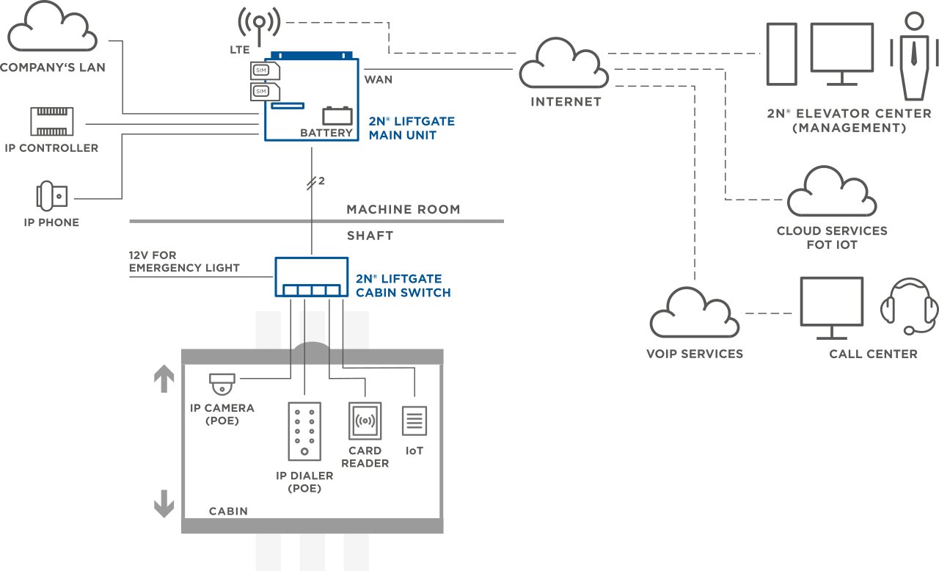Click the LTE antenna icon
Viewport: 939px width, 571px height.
pyautogui.click(x=259, y=26)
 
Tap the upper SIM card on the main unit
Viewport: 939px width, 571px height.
pyautogui.click(x=265, y=70)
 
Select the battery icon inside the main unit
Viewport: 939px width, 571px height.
pyautogui.click(x=337, y=116)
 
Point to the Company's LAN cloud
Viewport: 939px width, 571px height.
pyautogui.click(x=52, y=27)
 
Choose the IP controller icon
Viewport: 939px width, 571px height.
pyautogui.click(x=51, y=122)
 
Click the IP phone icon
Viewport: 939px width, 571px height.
pyautogui.click(x=51, y=196)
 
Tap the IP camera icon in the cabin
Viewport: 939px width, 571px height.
pyautogui.click(x=222, y=384)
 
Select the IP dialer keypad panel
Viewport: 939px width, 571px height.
pyautogui.click(x=304, y=432)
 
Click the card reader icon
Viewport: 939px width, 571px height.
pyautogui.click(x=365, y=421)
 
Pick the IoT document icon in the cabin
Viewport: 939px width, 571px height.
pyautogui.click(x=414, y=421)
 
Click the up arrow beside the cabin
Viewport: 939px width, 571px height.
pyautogui.click(x=164, y=378)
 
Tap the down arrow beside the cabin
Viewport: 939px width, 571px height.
pyautogui.click(x=164, y=503)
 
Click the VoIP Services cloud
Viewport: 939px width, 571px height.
pyautogui.click(x=694, y=313)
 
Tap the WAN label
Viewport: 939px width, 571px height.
pyautogui.click(x=378, y=80)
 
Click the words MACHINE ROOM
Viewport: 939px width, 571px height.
pyautogui.click(x=403, y=209)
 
